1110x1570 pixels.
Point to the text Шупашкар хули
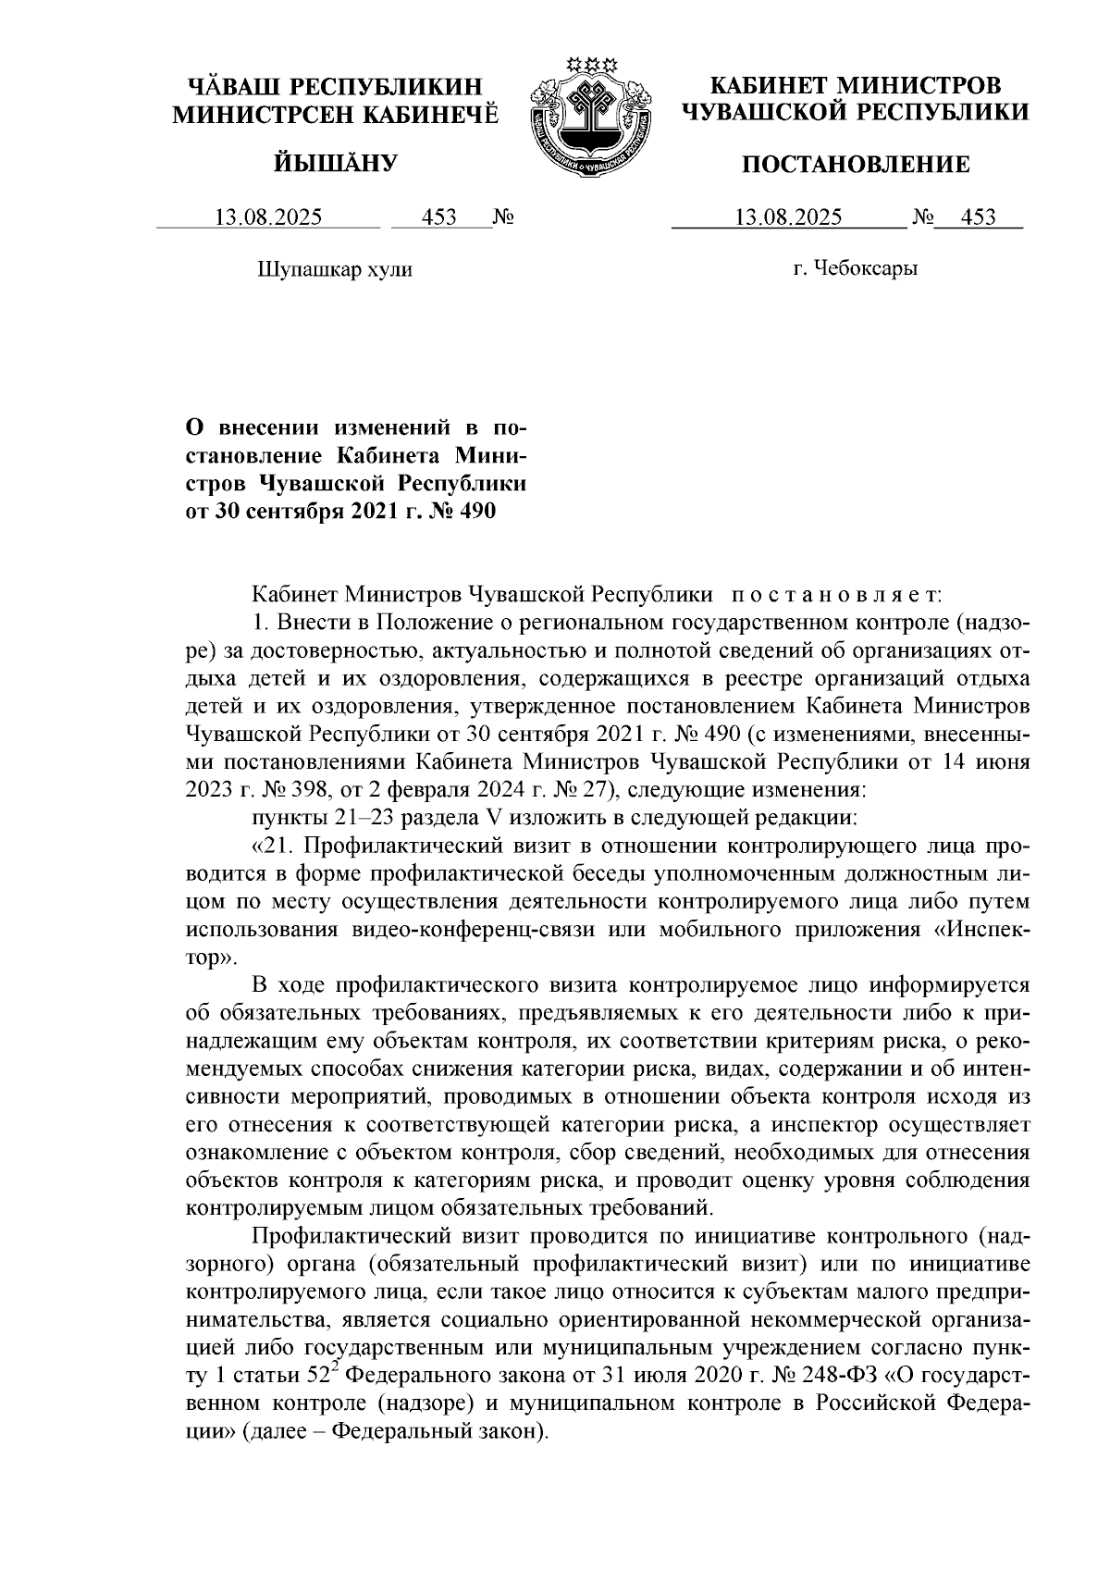[333, 270]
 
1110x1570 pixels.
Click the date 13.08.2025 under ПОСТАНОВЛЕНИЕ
[788, 218]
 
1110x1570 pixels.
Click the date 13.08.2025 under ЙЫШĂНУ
[268, 218]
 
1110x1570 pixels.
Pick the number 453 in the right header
[979, 218]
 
